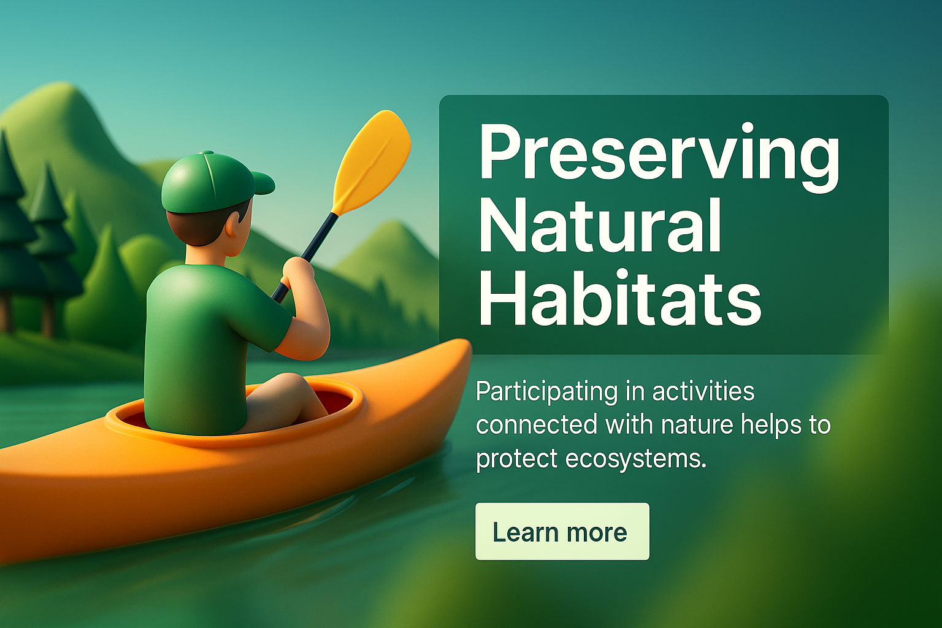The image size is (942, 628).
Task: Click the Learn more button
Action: (562, 531)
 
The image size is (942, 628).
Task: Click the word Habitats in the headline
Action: (620, 301)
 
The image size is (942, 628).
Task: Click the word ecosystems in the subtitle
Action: (635, 459)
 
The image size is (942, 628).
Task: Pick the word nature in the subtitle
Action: (710, 426)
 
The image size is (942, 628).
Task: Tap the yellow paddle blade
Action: (373, 161)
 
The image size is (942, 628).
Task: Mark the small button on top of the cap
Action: (207, 153)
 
